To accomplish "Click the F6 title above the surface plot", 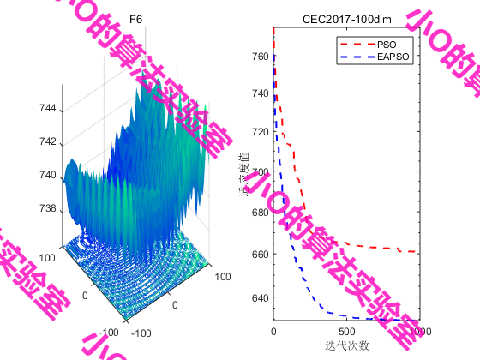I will tap(135, 19).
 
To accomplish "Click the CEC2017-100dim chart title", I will tap(345, 19).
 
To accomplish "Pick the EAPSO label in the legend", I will tap(393, 57).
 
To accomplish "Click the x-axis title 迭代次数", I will tap(346, 345).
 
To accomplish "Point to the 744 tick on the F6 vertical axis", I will tap(49, 109).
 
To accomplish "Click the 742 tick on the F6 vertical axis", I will tap(49, 142).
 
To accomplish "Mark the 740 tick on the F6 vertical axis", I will tap(49, 176).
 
